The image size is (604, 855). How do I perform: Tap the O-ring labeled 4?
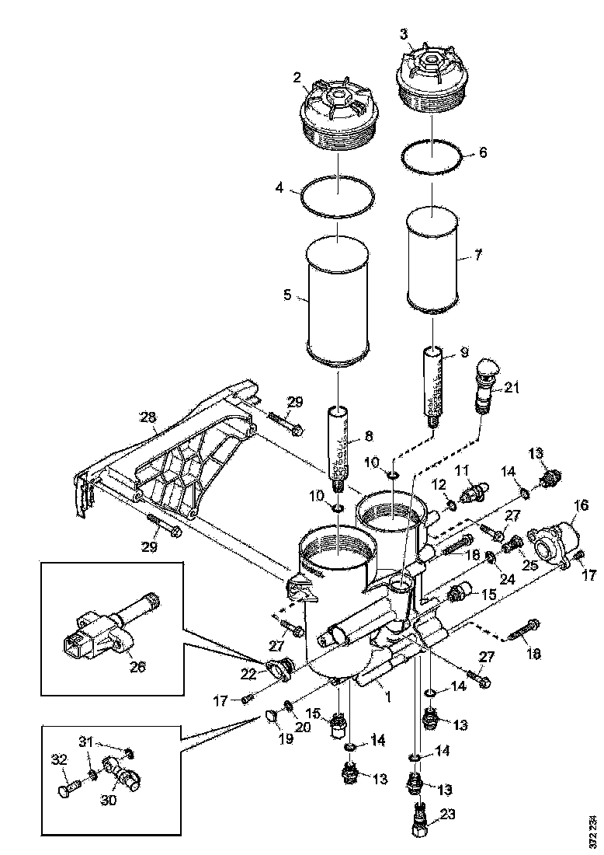click(x=338, y=198)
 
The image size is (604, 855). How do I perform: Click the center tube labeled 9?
click(x=432, y=381)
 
